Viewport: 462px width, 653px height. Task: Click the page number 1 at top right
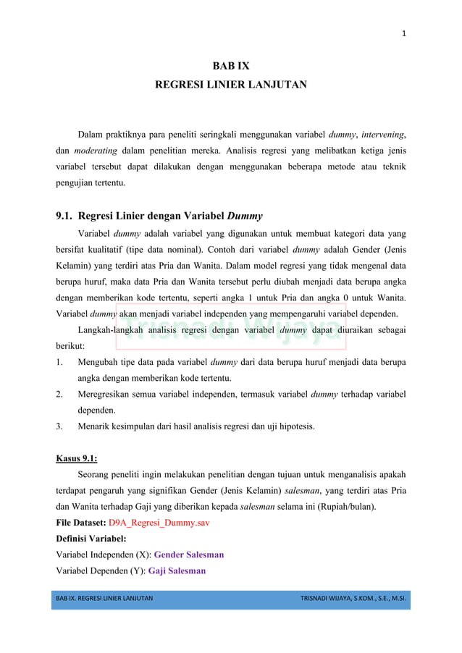click(x=403, y=33)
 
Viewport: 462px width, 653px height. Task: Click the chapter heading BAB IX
click(x=230, y=66)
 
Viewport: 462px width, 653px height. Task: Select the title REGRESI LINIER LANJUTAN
click(x=230, y=85)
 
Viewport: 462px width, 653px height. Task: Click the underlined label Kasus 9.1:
click(x=77, y=458)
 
